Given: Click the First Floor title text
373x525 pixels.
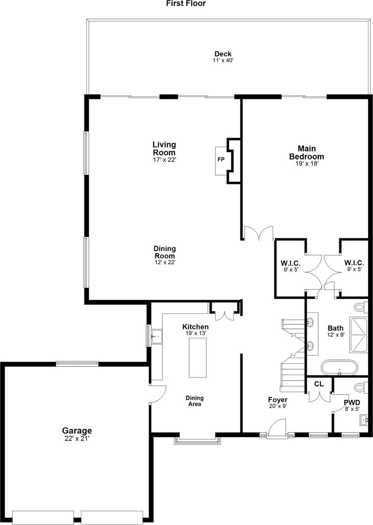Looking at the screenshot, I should [x=186, y=4].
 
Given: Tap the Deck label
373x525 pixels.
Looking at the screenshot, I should [x=223, y=54].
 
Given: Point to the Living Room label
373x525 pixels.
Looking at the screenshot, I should [x=164, y=148].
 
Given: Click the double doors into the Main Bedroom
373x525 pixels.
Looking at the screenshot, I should [x=258, y=233].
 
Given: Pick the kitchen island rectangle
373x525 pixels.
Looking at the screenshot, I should [x=198, y=358].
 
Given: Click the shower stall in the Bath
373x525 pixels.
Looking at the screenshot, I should [x=358, y=335].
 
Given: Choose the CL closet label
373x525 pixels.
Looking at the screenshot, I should [x=319, y=384].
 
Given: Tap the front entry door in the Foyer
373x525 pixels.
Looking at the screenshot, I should [x=277, y=428].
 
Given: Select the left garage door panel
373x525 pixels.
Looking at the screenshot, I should [x=43, y=517].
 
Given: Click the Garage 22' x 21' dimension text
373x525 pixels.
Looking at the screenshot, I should [x=77, y=439].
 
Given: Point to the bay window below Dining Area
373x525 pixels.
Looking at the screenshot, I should [x=197, y=440].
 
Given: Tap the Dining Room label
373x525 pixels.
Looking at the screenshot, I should [x=165, y=252].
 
